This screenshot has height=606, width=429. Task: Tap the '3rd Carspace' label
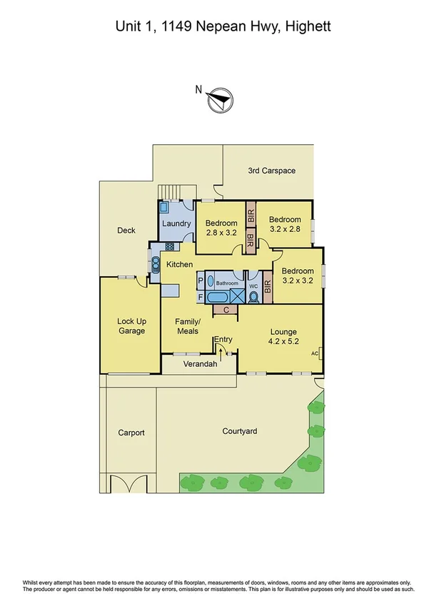(271, 171)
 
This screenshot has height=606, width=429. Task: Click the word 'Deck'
(126, 230)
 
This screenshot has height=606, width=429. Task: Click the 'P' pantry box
(201, 281)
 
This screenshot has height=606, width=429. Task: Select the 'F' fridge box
(201, 296)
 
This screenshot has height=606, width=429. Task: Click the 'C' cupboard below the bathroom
(226, 310)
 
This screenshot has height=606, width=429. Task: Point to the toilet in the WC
(253, 299)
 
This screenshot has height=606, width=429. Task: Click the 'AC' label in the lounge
(314, 353)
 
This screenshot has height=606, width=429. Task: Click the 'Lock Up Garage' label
(131, 325)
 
